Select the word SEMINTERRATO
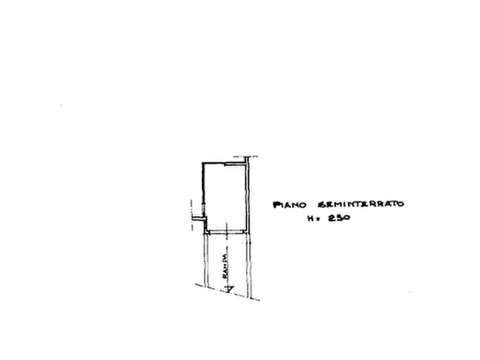(362, 204)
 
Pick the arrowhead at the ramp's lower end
(228, 289)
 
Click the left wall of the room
(203, 188)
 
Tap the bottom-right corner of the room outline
(248, 234)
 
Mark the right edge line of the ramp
(249, 263)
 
